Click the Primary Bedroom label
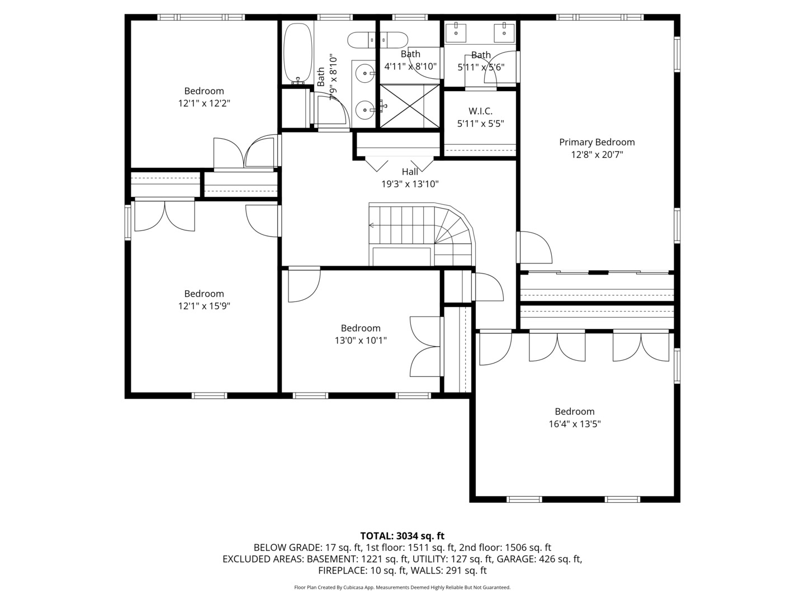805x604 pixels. tap(596, 142)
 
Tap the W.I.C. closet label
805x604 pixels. tap(480, 111)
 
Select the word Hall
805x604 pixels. tap(410, 172)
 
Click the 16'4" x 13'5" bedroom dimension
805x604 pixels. tap(574, 424)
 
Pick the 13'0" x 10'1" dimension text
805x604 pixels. tap(361, 341)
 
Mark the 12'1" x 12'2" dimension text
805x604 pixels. tap(204, 103)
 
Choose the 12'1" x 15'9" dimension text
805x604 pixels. tap(204, 306)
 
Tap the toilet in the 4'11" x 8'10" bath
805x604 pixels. tap(378, 40)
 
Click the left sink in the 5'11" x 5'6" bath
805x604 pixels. tap(457, 30)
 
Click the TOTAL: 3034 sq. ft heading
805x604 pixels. tap(402, 536)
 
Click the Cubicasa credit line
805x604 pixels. tap(402, 587)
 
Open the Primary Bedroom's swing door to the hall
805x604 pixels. tap(534, 247)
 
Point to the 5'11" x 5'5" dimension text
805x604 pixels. tap(480, 124)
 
